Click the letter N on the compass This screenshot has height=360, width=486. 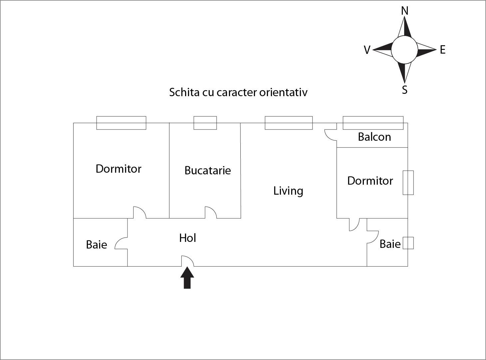(404, 11)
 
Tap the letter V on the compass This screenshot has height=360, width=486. (367, 50)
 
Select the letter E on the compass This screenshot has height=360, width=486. (442, 50)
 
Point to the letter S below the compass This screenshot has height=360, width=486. (404, 90)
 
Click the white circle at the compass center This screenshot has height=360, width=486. (404, 50)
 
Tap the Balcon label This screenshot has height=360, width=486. (374, 137)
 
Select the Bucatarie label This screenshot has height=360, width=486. (207, 170)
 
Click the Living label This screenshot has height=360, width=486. (288, 191)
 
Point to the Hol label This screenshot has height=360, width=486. (187, 238)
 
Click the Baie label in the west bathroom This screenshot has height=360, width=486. (96, 245)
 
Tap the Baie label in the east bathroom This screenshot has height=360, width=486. (390, 244)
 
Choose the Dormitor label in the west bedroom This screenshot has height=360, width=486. (118, 169)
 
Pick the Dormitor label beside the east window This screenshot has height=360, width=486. (370, 181)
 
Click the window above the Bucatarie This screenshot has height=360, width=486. (205, 123)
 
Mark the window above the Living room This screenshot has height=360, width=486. (289, 123)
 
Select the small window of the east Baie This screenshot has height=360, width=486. (408, 243)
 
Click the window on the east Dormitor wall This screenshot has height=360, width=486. (408, 183)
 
